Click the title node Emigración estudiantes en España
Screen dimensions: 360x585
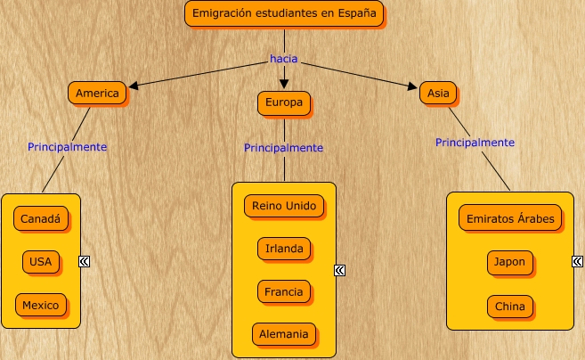[285, 13]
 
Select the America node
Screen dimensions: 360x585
[98, 93]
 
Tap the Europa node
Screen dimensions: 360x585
[284, 103]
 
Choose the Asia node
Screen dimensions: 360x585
[438, 93]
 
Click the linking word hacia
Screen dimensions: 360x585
[283, 59]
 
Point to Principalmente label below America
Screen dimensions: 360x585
[68, 146]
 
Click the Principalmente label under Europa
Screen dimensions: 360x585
[283, 148]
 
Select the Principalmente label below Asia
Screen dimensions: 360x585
[475, 142]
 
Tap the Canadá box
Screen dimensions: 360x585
[41, 217]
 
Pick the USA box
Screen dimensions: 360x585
[41, 261]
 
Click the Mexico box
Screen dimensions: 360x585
[41, 305]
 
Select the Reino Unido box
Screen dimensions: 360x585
[284, 206]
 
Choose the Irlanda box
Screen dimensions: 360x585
[284, 249]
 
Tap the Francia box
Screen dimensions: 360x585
[284, 291]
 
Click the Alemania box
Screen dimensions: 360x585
[284, 334]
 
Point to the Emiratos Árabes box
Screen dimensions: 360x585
[510, 218]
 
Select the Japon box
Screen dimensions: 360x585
[510, 263]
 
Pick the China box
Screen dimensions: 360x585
[510, 307]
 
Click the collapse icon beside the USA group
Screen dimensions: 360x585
[85, 261]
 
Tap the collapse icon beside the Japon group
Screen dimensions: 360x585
[579, 262]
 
